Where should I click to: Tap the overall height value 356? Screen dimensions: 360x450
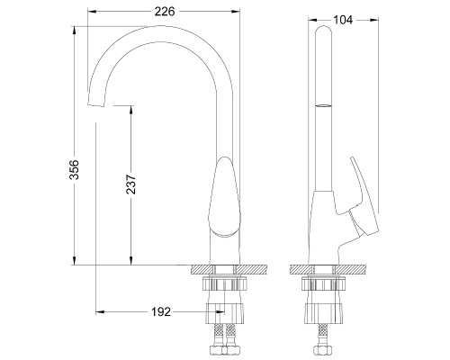pyautogui.click(x=76, y=171)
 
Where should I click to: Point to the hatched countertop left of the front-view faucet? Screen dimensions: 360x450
pyautogui.click(x=202, y=268)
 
